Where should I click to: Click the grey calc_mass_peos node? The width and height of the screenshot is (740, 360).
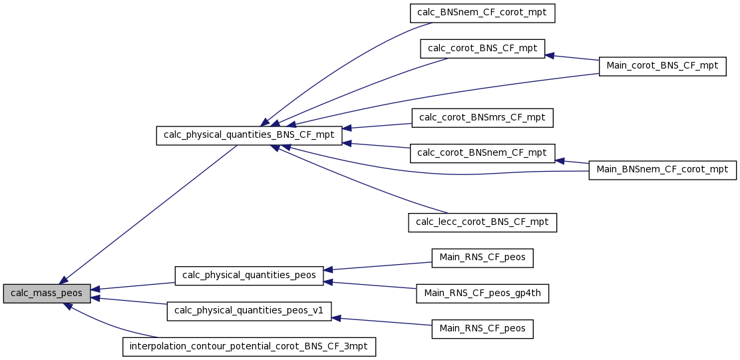coord(47,293)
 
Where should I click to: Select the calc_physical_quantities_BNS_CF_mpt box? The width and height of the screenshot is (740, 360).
coord(249,135)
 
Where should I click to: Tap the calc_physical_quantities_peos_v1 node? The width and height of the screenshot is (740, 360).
coord(249,311)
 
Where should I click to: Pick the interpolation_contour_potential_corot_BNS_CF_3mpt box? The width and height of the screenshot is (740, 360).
coord(249,347)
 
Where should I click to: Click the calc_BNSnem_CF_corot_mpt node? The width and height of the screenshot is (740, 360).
coord(482,13)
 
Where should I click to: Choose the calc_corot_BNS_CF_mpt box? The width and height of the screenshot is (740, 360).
coord(482,49)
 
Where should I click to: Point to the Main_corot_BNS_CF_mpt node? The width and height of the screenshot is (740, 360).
coord(663,67)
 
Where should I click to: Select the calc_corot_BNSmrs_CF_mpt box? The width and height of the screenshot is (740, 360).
coord(482,118)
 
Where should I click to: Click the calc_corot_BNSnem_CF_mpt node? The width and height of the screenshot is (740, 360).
coord(482,153)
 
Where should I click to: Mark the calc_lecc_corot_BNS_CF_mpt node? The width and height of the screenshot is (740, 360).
coord(482,222)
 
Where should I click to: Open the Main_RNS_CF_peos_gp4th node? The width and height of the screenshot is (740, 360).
coord(482,293)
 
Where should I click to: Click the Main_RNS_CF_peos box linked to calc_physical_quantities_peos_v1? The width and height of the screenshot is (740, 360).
coord(482,329)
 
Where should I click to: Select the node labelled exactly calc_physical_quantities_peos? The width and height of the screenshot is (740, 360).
coord(249,275)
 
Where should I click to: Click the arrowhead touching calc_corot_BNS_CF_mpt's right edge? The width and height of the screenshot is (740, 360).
coord(549,55)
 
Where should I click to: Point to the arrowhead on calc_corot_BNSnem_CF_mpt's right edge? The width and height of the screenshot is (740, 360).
coord(560,161)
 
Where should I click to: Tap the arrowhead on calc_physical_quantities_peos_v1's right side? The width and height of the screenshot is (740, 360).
coord(337,319)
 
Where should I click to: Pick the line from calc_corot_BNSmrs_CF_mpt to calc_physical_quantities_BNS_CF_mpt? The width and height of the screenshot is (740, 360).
coord(377,126)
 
